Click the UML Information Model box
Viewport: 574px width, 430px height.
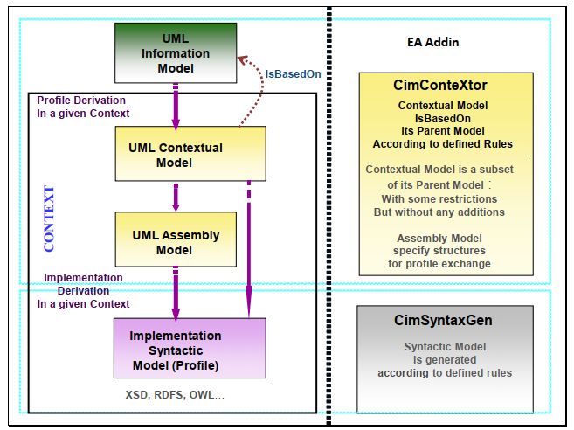click(x=176, y=53)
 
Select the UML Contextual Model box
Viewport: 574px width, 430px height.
click(x=177, y=155)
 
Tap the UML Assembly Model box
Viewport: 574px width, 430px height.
click(x=176, y=242)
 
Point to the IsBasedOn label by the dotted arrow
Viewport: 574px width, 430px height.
click(x=293, y=73)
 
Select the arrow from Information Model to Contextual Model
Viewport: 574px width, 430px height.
click(x=176, y=106)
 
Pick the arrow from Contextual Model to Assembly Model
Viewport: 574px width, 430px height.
click(x=176, y=196)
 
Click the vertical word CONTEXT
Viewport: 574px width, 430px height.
click(x=49, y=218)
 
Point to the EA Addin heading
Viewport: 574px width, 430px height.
click(x=432, y=41)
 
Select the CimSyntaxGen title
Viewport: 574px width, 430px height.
click(x=444, y=321)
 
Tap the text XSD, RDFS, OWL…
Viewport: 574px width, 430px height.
click(x=175, y=395)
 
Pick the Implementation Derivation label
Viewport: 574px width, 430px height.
click(x=83, y=291)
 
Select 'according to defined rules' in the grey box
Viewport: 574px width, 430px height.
click(x=445, y=373)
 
